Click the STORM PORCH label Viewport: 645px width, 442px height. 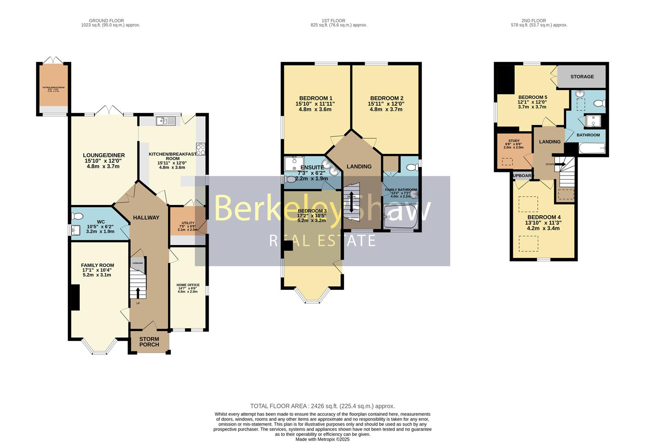click(x=149, y=342)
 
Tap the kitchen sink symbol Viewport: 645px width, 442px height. click(x=165, y=121)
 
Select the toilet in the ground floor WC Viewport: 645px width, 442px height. click(x=78, y=216)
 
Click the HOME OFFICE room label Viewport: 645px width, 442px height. click(x=188, y=285)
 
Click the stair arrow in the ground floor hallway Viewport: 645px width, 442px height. click(x=137, y=292)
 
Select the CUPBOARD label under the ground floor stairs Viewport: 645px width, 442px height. click(x=137, y=263)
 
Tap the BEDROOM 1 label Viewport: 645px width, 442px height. click(x=316, y=98)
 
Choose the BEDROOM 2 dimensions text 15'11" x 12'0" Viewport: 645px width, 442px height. click(x=387, y=104)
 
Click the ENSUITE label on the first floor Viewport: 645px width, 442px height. click(x=312, y=167)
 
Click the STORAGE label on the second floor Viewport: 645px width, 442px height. click(x=582, y=77)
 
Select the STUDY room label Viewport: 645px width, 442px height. click(x=513, y=141)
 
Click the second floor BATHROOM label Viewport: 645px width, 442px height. click(x=588, y=135)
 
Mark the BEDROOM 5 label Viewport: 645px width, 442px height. click(x=533, y=97)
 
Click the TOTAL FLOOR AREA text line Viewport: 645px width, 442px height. click(x=322, y=406)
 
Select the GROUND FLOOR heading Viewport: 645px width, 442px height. click(x=106, y=20)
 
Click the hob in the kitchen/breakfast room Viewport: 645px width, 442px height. click(x=201, y=149)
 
